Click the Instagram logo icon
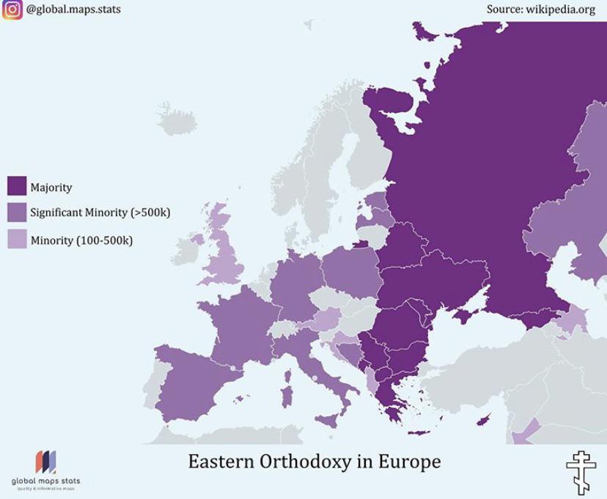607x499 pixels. point(11,10)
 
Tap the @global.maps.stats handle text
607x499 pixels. point(73,10)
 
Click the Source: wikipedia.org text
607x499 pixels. point(540,10)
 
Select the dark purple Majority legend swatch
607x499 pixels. point(16,186)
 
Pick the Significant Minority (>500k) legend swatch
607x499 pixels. point(16,212)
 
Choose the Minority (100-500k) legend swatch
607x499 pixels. point(16,239)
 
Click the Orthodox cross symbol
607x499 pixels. point(581,469)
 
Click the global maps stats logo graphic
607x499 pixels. point(45,462)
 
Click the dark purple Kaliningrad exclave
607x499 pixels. point(361,244)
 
